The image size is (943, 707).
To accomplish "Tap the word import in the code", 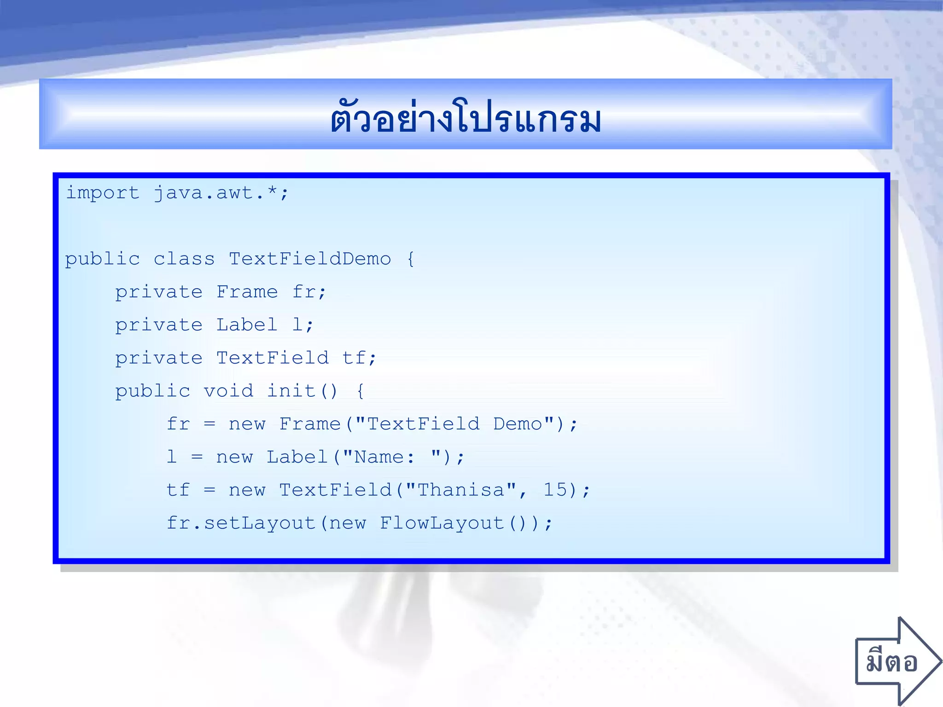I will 102,193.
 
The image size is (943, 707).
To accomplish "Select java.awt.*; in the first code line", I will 221,193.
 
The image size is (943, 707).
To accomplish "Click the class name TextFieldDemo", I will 310,259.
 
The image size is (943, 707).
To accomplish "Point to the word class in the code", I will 184,259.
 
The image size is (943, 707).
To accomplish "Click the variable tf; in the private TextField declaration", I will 359,358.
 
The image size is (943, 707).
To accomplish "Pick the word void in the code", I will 228,391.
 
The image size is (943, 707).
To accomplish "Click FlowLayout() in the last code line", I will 453,523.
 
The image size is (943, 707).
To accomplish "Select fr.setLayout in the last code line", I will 241,523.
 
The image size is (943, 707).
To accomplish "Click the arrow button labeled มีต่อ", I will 895,662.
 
